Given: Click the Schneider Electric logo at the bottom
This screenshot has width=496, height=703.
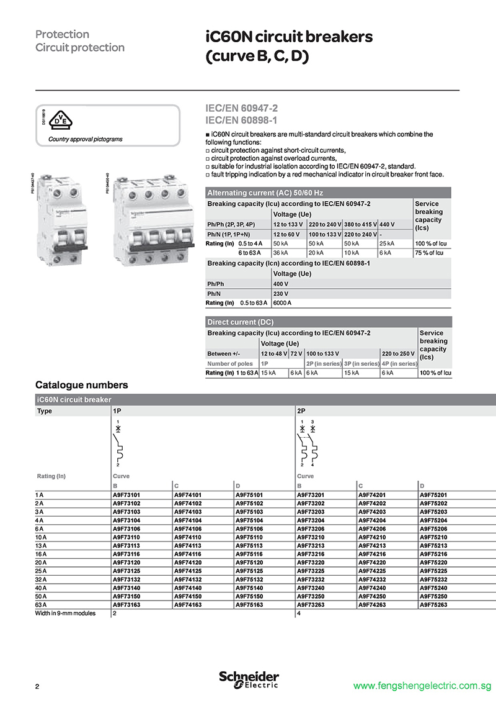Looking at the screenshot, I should (249, 679).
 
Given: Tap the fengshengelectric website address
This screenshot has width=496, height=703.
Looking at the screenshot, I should (422, 686).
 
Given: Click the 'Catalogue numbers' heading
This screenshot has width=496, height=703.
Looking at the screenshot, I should (82, 385).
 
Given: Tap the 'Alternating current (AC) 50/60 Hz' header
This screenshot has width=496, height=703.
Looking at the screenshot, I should (265, 193).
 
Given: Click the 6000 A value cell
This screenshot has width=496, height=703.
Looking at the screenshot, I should (282, 302).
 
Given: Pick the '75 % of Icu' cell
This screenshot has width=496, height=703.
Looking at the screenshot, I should (430, 253).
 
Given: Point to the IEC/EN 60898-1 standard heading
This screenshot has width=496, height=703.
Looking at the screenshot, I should (241, 119).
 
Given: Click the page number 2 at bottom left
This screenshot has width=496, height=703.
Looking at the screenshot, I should (37, 686).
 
